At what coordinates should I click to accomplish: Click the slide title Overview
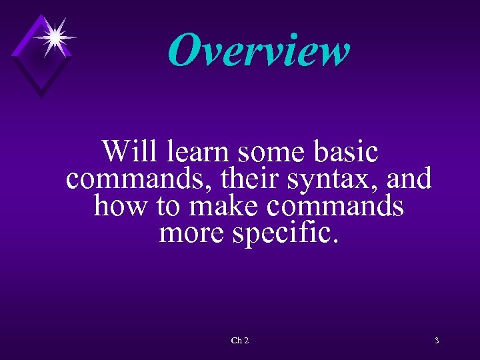pos(259,51)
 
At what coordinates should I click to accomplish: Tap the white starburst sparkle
pos(55,36)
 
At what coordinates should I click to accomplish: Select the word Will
pos(131,151)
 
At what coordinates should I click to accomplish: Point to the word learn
pos(199,151)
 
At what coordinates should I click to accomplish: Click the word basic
pos(347,153)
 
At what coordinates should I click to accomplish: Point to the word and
pos(409,179)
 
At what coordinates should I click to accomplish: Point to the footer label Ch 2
pos(240,341)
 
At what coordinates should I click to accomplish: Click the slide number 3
pos(437,341)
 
